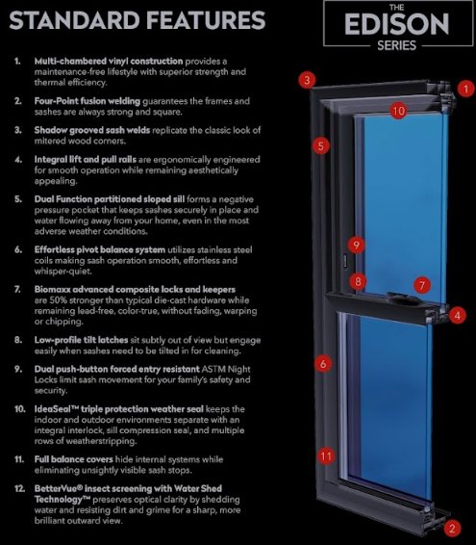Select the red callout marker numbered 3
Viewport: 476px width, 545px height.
pos(306,80)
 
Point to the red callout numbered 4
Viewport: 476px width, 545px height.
pos(458,315)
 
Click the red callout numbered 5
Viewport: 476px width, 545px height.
pos(321,146)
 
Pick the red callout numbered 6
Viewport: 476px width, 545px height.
pos(323,363)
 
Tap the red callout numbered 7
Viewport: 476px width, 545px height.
pos(421,285)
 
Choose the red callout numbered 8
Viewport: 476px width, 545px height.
pos(359,282)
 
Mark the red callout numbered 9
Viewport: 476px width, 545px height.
pos(355,245)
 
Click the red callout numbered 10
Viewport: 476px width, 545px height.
pos(398,112)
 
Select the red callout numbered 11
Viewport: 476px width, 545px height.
pos(326,455)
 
